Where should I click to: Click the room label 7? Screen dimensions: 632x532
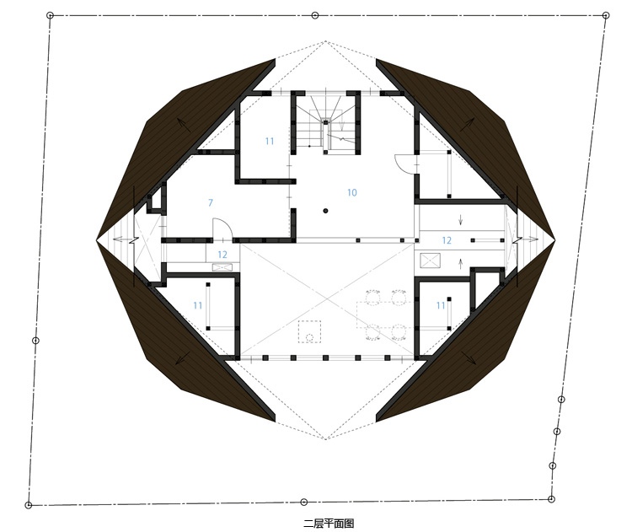(x=211, y=202)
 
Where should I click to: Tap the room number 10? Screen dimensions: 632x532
(x=352, y=193)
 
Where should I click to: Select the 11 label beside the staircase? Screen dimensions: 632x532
(x=270, y=141)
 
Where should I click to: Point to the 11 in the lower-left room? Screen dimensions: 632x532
(x=197, y=305)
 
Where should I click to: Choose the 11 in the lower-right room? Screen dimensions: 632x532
(x=441, y=305)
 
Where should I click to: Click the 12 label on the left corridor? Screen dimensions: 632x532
(x=222, y=255)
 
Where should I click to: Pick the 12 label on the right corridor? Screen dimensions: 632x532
(x=447, y=240)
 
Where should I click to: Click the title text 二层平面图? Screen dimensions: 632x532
(x=329, y=524)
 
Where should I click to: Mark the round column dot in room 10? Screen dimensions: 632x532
(x=325, y=211)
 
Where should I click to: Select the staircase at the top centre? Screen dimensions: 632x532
(x=326, y=123)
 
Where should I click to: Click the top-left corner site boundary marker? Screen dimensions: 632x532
(x=50, y=15)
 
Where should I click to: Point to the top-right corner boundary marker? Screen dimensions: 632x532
(x=605, y=15)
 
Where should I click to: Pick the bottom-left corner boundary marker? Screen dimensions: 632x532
(x=28, y=505)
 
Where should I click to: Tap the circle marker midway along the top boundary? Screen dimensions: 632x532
(x=315, y=15)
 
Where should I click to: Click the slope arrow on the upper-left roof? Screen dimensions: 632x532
(x=185, y=125)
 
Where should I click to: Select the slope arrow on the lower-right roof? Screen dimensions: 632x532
(x=468, y=356)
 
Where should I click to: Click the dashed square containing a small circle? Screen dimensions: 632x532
(x=309, y=331)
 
